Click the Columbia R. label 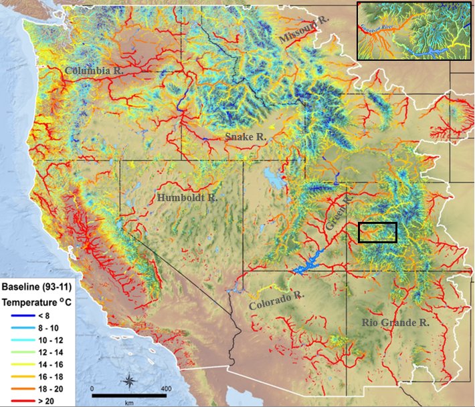93,70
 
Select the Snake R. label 246,136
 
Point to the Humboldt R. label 187,198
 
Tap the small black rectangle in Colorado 377,232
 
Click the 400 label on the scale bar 166,388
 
